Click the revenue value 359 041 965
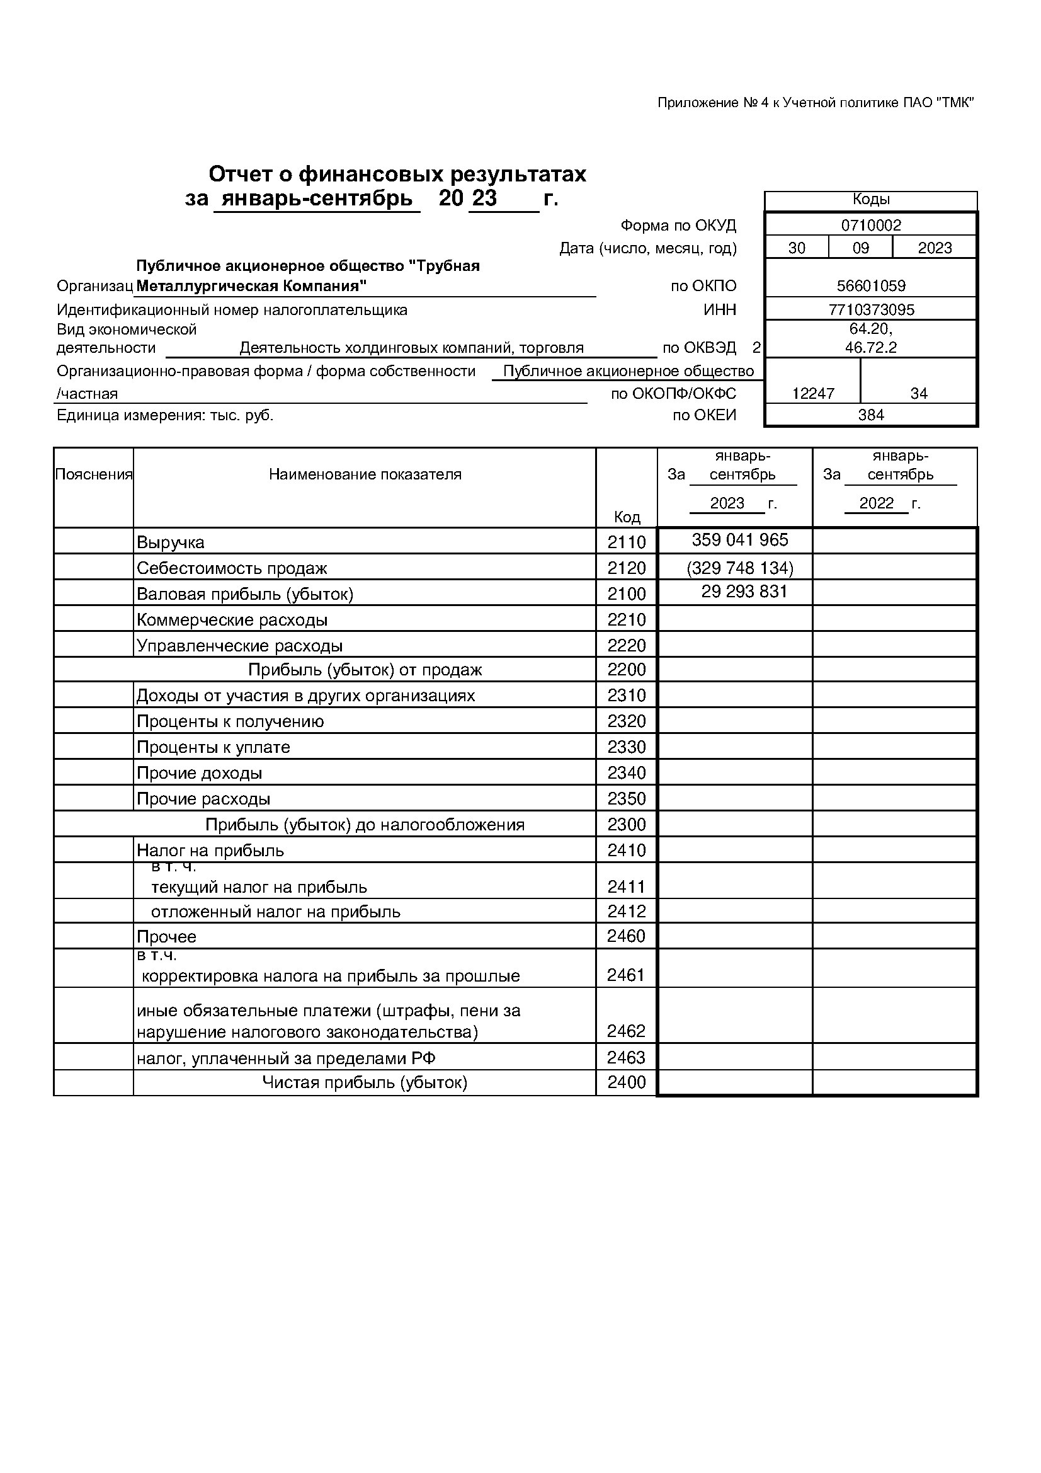coord(739,539)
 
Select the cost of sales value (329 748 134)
coord(739,568)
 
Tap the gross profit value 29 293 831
coord(744,592)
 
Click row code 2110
coord(626,542)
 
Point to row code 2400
coord(626,1082)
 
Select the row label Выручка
coord(171,542)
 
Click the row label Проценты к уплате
coord(213,747)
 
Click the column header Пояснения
coord(94,474)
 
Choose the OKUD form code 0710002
coord(871,225)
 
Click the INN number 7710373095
coord(871,310)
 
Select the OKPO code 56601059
coord(871,286)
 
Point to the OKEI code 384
coord(871,415)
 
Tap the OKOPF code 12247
coord(812,394)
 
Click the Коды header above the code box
coord(871,200)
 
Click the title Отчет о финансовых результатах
coord(397,175)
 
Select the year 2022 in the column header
coord(876,503)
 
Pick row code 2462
coord(626,1031)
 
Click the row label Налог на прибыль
coord(210,851)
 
